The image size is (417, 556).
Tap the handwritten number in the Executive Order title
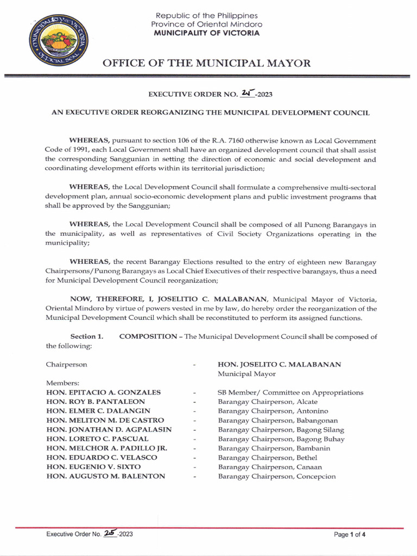247,93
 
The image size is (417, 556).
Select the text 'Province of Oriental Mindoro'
206,24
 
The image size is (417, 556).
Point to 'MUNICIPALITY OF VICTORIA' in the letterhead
206,33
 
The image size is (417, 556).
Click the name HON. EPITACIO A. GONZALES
103,393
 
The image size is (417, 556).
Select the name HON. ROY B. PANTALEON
96,402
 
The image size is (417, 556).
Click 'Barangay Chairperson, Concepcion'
277,476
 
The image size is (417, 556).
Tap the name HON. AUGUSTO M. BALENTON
105,476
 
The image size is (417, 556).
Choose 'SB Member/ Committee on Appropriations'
290,393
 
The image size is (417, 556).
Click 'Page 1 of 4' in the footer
350,534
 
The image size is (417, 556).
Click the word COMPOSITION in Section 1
149,337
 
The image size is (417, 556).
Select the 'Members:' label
63,383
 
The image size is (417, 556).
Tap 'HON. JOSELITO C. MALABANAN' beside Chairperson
280,364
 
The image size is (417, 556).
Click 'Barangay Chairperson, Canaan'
270,467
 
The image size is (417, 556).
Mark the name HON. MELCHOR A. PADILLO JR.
106,448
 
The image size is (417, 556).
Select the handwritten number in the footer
112,534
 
